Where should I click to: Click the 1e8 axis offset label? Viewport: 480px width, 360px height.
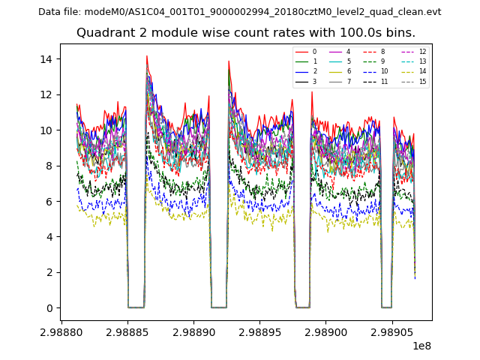(x=421, y=346)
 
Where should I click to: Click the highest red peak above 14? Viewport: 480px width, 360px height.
(x=147, y=56)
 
